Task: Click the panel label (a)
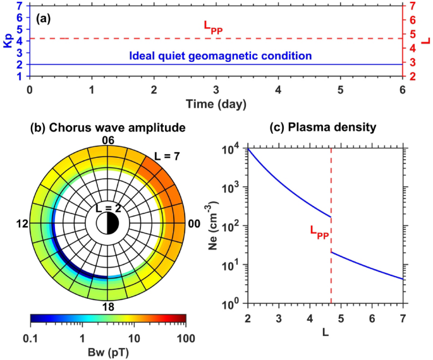tap(47, 18)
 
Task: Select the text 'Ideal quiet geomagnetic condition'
tap(220, 56)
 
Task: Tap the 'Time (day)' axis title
tap(216, 102)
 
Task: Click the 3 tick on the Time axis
tap(216, 89)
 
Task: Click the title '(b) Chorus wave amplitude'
tap(108, 128)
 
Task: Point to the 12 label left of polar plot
tap(23, 224)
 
